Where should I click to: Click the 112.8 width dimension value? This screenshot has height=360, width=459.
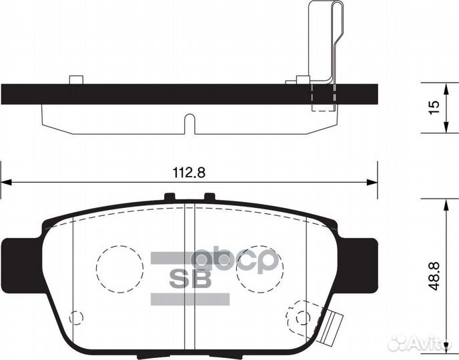(189, 171)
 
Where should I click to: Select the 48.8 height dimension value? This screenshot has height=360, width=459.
(434, 275)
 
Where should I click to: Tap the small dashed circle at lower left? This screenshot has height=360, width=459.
(77, 318)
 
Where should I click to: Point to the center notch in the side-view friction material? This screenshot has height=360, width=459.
(189, 124)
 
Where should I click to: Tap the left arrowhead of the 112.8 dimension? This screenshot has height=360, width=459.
(5, 181)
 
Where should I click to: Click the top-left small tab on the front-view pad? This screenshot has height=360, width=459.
(169, 197)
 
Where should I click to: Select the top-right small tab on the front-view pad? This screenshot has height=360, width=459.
(209, 197)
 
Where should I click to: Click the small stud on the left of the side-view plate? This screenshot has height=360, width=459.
(75, 80)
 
